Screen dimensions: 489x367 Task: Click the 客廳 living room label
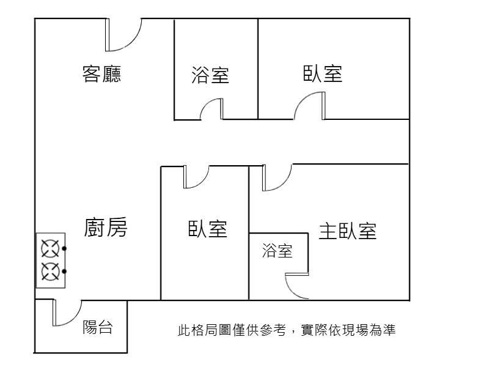tap(101, 74)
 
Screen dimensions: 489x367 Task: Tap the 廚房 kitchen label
tap(106, 227)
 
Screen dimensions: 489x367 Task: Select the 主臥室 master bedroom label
tap(348, 231)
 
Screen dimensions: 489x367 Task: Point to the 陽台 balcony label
tap(98, 327)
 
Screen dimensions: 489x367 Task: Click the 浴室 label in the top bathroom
tap(210, 75)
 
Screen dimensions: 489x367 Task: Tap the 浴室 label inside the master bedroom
tap(278, 251)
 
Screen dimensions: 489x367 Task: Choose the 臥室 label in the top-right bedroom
tap(323, 73)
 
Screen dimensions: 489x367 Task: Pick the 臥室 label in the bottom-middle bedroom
tap(207, 229)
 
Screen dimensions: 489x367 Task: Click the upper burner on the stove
tap(50, 249)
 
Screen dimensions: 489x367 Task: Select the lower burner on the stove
tap(50, 272)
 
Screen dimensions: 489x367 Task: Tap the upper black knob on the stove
tap(64, 249)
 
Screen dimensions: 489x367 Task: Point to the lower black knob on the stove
tap(64, 272)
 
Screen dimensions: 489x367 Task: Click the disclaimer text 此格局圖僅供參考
tap(232, 330)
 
